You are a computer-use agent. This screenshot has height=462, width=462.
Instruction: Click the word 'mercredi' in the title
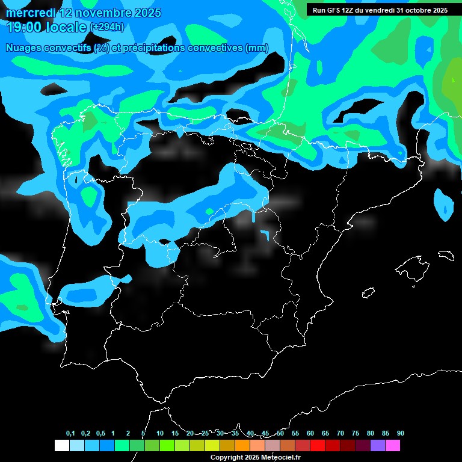click(x=31, y=13)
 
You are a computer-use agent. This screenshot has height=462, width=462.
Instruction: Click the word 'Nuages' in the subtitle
click(x=24, y=48)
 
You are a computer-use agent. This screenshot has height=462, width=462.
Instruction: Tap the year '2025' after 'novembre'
click(x=144, y=13)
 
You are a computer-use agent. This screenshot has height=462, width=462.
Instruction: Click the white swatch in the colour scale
click(x=61, y=446)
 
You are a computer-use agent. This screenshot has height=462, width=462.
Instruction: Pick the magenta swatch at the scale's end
click(x=392, y=446)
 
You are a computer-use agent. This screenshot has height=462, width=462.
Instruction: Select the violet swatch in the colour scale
click(x=377, y=446)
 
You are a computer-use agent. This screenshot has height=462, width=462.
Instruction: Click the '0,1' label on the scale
click(x=70, y=434)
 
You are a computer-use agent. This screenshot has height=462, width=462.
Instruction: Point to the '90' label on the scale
click(x=400, y=434)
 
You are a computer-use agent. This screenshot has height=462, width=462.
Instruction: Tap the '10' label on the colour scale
click(x=160, y=434)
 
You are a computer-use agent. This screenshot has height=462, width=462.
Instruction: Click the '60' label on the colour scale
click(x=310, y=434)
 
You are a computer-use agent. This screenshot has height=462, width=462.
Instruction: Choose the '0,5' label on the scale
click(x=100, y=434)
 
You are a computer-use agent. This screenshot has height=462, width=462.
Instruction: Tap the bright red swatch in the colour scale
click(x=317, y=446)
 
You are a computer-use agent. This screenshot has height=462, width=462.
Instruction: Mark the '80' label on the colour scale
click(x=370, y=434)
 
